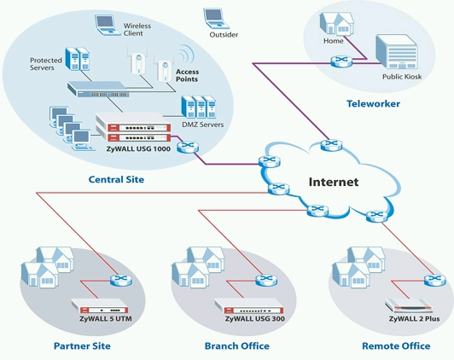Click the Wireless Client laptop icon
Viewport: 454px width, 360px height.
pos(108,26)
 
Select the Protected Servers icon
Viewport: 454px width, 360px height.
pos(78,59)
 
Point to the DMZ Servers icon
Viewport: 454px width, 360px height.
pos(199,107)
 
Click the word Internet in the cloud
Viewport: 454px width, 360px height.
pos(334,182)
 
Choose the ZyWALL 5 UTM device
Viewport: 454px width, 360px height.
pos(100,306)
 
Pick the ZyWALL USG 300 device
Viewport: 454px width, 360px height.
pos(249,306)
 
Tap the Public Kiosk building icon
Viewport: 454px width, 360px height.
pos(396,52)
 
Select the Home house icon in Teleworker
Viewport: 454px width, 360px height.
pos(336,24)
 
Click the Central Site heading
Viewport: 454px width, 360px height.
pos(116,179)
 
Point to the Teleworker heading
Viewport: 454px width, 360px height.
pos(373,103)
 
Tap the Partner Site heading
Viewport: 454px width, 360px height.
pos(82,345)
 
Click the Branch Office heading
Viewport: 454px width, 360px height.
pos(237,345)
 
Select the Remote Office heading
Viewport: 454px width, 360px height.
pos(396,345)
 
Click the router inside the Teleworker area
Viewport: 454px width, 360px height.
pos(341,61)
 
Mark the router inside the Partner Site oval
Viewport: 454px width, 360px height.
pos(120,280)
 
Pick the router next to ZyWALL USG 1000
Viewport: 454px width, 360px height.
pos(188,147)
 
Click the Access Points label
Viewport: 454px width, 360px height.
pos(187,75)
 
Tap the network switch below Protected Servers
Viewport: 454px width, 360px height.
pos(98,89)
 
